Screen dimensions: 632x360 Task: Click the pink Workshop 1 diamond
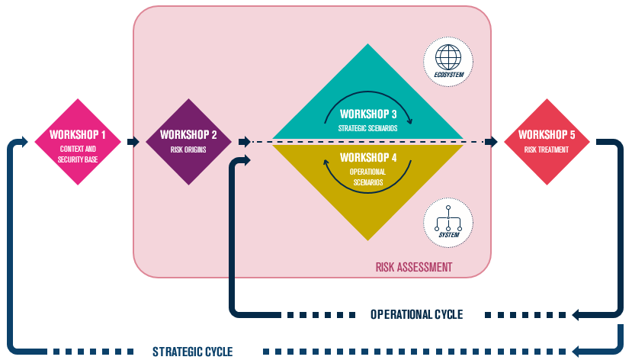(78, 142)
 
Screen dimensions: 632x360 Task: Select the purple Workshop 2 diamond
(188, 142)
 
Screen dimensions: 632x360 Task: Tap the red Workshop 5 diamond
(547, 142)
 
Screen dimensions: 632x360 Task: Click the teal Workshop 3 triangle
(367, 104)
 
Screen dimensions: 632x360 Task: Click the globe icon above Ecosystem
(448, 57)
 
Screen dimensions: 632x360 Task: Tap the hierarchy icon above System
(448, 218)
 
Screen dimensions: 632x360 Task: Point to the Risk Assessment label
(414, 267)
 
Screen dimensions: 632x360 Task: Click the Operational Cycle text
(417, 314)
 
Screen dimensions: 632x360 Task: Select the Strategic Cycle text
(193, 352)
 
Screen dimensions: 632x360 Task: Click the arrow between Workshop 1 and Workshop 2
(133, 142)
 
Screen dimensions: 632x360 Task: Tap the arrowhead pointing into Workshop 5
(492, 142)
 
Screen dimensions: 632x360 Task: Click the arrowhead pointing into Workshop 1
(24, 142)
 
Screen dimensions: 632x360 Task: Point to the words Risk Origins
(188, 149)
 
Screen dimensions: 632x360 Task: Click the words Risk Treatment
(547, 149)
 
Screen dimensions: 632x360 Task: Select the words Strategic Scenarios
(367, 128)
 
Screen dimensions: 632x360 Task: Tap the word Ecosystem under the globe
(448, 75)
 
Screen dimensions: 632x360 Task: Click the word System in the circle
(448, 235)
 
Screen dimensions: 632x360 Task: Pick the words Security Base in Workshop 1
(78, 159)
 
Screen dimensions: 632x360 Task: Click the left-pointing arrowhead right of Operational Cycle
(576, 314)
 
